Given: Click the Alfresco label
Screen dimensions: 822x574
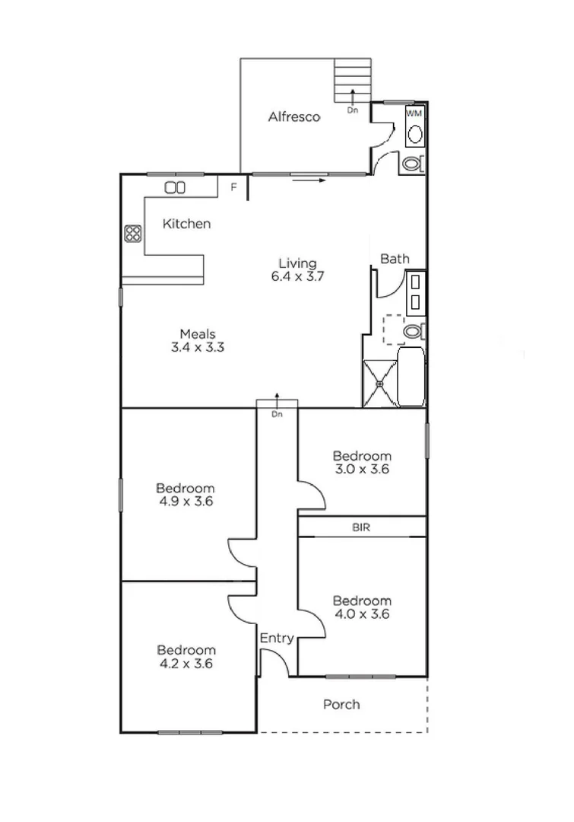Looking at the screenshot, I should [x=293, y=117].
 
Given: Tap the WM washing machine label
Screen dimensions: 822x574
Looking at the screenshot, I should [x=414, y=113].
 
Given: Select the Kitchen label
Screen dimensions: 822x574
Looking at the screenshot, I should [x=186, y=224].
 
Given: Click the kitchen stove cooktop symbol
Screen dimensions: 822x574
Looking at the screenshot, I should [x=133, y=234].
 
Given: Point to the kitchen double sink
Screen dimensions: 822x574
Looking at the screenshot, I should [x=175, y=187].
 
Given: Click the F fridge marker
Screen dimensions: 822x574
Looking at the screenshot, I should [x=234, y=186].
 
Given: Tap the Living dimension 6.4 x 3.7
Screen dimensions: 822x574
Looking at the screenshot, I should [x=297, y=277].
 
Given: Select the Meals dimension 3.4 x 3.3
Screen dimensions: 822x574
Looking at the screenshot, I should [x=198, y=347].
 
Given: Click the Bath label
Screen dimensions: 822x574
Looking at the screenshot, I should [x=395, y=259].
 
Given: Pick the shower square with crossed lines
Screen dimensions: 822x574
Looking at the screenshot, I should [x=379, y=383].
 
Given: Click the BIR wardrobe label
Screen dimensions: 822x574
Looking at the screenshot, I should [x=361, y=527].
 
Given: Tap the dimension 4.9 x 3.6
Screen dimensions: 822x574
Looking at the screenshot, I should [x=186, y=502].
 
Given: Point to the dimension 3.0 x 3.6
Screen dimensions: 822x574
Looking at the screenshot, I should [x=362, y=469].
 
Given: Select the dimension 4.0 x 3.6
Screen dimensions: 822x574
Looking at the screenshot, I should [x=362, y=614].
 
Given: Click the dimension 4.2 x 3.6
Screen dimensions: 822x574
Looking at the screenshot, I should [x=186, y=663].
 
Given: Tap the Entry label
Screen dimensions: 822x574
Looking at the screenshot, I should [x=277, y=639].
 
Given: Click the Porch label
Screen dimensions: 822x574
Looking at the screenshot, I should [x=341, y=704].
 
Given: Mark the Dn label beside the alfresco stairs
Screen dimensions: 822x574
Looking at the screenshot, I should [x=352, y=110].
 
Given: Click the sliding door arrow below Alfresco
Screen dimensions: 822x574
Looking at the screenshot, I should [x=309, y=181].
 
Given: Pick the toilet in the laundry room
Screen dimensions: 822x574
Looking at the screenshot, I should [x=411, y=163].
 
